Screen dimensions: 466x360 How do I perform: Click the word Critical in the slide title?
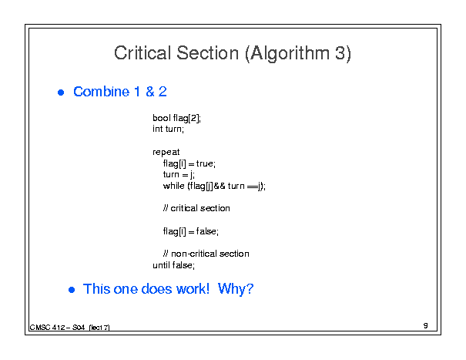pyautogui.click(x=142, y=53)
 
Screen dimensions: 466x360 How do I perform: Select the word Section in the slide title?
pyautogui.click(x=207, y=53)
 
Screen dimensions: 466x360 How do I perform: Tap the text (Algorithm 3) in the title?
pyautogui.click(x=298, y=54)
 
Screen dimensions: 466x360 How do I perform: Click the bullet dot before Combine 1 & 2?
pyautogui.click(x=61, y=93)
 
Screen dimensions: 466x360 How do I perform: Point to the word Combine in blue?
pyautogui.click(x=102, y=91)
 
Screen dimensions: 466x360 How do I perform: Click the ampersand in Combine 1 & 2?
pyautogui.click(x=150, y=92)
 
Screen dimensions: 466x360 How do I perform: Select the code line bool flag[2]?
pyautogui.click(x=177, y=118)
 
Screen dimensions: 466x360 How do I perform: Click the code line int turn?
pyautogui.click(x=168, y=129)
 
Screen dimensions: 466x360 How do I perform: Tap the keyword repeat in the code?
pyautogui.click(x=166, y=153)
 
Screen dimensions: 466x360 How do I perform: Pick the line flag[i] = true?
pyautogui.click(x=189, y=163)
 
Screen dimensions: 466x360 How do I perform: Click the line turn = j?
pyautogui.click(x=179, y=175)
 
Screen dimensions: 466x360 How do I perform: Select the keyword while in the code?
pyautogui.click(x=174, y=186)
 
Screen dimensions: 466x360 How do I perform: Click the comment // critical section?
pyautogui.click(x=196, y=208)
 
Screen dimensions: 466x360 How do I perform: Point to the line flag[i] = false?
pyautogui.click(x=191, y=231)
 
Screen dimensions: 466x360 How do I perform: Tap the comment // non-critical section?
pyautogui.click(x=206, y=254)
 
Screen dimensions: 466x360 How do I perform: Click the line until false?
pyautogui.click(x=174, y=265)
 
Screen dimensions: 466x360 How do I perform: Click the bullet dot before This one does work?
pyautogui.click(x=72, y=290)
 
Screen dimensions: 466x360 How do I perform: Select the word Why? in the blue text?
pyautogui.click(x=236, y=289)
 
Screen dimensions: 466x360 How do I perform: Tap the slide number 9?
pyautogui.click(x=426, y=326)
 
